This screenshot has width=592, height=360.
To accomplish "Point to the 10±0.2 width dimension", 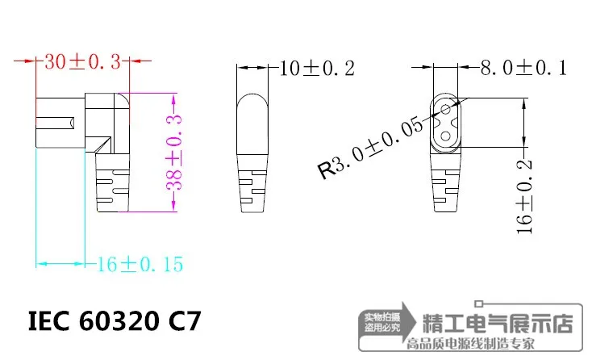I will tap(316, 68).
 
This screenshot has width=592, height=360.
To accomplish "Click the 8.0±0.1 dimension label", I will tap(524, 68).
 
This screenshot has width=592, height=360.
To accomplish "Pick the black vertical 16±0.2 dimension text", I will tap(526, 195).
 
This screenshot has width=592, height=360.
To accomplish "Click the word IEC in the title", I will tap(50, 321).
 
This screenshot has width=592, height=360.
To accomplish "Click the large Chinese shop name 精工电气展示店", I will tap(498, 324).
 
